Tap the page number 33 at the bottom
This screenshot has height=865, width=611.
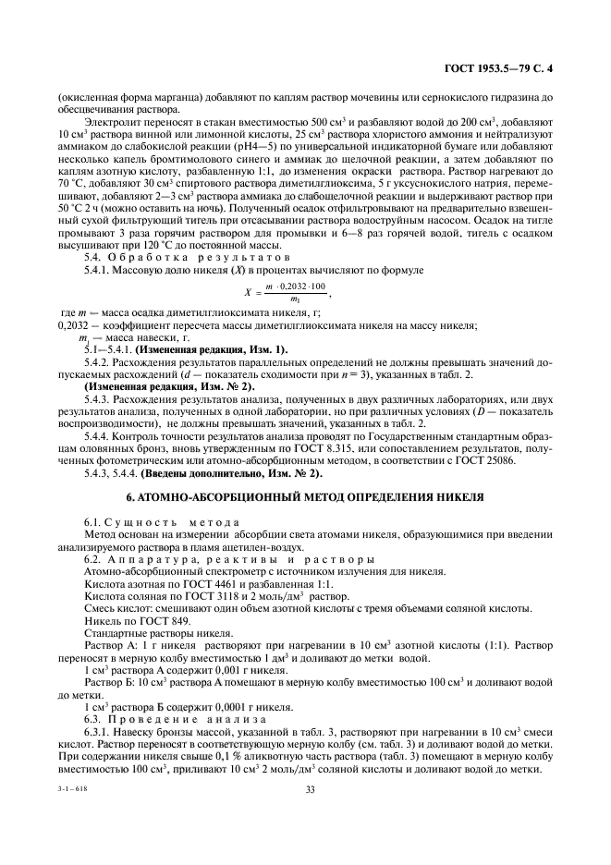point(312,788)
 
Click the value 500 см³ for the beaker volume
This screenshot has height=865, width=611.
point(309,122)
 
